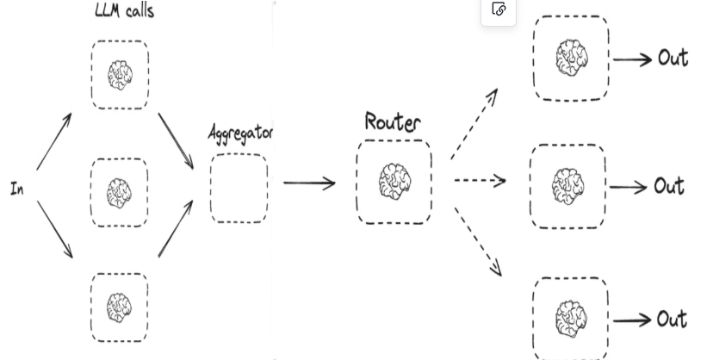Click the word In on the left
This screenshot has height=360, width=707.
tap(17, 189)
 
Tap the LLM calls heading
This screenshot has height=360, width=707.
tap(125, 10)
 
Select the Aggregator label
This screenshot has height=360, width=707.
tap(241, 133)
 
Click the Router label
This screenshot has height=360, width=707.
tap(393, 121)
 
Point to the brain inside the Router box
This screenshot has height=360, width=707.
tap(394, 182)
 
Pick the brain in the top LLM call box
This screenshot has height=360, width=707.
tap(121, 75)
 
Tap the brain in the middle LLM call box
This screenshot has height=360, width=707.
tap(120, 193)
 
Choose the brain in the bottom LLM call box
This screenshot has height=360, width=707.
tap(120, 307)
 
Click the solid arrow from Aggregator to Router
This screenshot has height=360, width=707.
tap(309, 183)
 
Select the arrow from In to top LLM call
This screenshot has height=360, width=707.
tap(54, 141)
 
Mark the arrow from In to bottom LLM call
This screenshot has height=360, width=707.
tap(54, 230)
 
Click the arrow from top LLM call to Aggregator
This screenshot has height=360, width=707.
tap(176, 141)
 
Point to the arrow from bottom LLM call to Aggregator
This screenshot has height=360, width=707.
tap(176, 229)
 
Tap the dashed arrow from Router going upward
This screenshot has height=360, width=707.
tap(474, 124)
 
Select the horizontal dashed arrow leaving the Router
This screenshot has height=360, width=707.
tap(481, 181)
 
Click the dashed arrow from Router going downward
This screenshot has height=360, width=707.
tap(478, 241)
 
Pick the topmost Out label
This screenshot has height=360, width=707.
tap(673, 58)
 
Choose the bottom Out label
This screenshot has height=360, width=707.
tap(672, 319)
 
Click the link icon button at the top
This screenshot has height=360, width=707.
tap(499, 9)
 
